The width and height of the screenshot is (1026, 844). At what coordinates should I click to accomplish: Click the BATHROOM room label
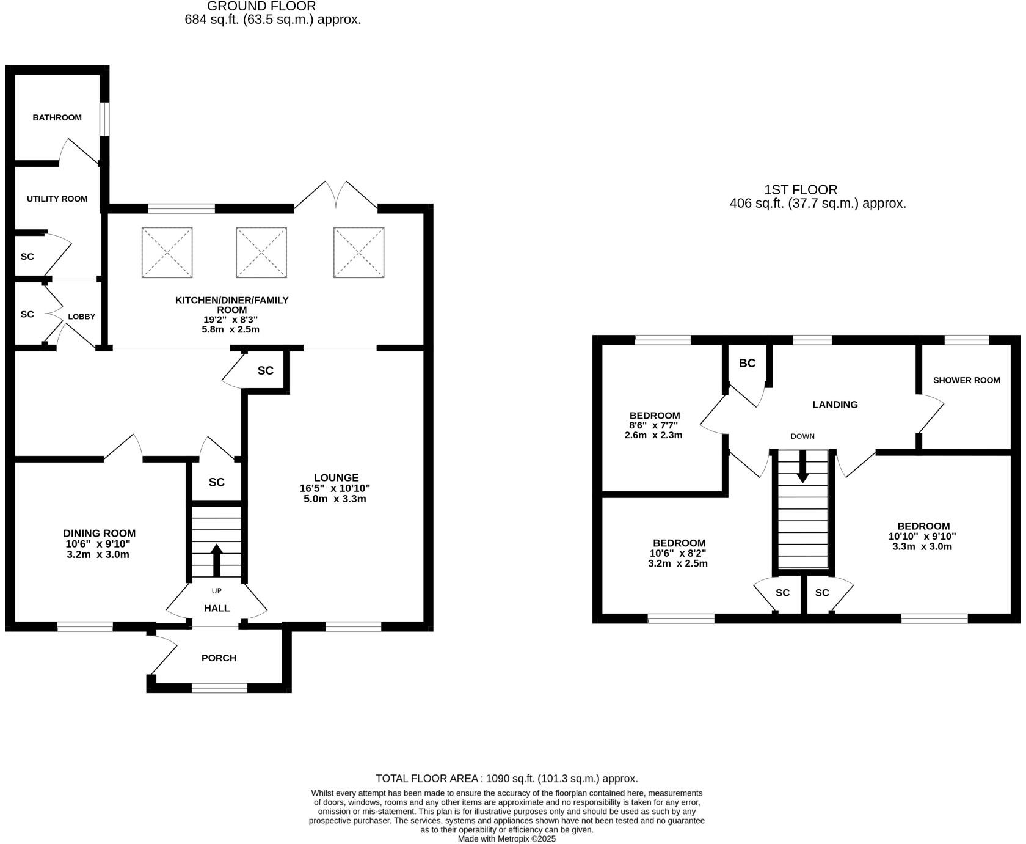(57, 117)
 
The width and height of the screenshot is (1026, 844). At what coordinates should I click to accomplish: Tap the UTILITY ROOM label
(57, 199)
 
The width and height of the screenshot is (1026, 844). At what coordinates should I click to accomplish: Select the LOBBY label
(81, 317)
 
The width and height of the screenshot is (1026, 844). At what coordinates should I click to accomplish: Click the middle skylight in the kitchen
(261, 252)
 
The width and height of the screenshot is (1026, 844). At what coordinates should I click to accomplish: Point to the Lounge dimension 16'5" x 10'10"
(335, 488)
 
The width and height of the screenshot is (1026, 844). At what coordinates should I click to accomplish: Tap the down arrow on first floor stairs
(802, 468)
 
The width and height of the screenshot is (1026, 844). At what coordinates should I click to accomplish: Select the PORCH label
(219, 658)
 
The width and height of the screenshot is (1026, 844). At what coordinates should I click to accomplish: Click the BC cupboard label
(747, 363)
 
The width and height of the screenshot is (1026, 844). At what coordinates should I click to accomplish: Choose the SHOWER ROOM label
(966, 380)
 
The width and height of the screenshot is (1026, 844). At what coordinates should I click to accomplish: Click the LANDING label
(835, 405)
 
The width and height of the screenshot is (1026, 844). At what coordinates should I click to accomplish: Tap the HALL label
(217, 608)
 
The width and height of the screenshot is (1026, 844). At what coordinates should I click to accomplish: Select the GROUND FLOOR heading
(261, 7)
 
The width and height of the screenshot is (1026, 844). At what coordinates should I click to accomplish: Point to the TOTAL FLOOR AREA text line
(506, 779)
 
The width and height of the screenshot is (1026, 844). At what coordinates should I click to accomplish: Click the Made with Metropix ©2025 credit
(506, 839)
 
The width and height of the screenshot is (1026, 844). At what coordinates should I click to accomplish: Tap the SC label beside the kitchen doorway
(265, 371)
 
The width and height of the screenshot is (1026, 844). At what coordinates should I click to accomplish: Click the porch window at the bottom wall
(219, 688)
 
